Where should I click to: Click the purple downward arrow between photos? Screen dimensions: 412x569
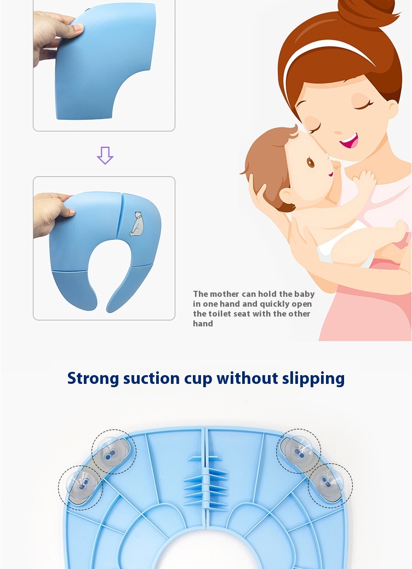[x=105, y=156]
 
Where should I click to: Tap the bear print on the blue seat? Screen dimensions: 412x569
[x=137, y=224]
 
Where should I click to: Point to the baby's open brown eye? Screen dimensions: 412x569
[x=310, y=162]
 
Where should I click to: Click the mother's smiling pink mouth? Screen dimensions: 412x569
[x=349, y=141]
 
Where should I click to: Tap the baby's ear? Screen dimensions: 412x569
[x=285, y=196]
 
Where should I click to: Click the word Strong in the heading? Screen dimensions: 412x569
[x=93, y=378]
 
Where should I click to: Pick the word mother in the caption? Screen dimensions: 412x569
[x=225, y=294]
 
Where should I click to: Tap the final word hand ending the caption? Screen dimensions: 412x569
[x=203, y=324]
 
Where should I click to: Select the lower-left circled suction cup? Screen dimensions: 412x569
[x=81, y=487]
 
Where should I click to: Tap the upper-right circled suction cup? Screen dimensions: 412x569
[x=299, y=451]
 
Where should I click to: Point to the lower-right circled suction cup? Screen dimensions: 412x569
[x=330, y=486]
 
